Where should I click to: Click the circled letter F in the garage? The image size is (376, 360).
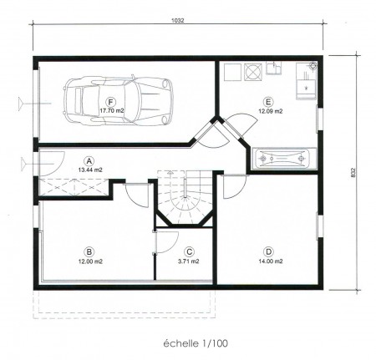(111, 102)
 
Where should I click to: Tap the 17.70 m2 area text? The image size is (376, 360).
(112, 111)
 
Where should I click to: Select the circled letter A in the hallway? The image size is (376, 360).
(89, 161)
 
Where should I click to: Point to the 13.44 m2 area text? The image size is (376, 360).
(90, 170)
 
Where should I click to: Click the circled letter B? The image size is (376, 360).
(89, 252)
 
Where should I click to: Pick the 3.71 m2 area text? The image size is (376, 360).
(189, 261)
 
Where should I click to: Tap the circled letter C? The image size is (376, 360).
(189, 252)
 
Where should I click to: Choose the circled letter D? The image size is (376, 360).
(268, 252)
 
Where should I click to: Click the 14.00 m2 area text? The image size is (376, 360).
(271, 261)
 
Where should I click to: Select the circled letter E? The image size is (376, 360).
(268, 102)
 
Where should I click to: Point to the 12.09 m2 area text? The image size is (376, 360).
(271, 111)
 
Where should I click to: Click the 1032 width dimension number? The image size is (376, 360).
(177, 20)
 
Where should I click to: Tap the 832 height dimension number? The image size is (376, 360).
(353, 173)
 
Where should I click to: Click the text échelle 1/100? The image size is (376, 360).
(196, 343)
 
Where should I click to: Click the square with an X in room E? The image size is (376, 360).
(253, 72)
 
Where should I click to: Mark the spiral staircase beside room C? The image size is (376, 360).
(185, 197)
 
